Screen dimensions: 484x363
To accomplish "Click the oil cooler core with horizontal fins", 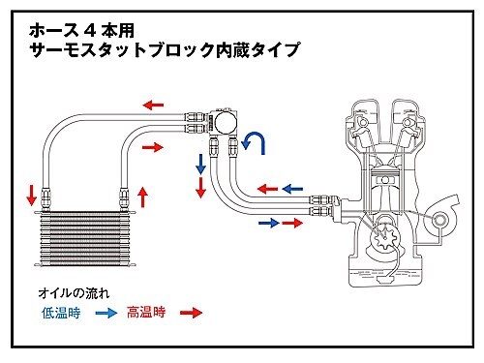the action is (85, 239).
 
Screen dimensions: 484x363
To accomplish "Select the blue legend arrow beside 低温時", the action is (106, 313).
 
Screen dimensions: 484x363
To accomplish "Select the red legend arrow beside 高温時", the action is (192, 313).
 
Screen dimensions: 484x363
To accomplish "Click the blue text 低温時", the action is (61, 313).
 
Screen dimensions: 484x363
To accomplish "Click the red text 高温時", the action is (146, 312).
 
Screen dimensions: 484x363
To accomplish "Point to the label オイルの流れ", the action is (74, 293).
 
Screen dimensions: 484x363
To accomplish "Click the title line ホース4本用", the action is (81, 32).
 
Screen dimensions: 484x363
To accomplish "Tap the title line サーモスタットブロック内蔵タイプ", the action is (165, 50).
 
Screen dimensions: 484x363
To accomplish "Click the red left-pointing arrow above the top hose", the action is (153, 105).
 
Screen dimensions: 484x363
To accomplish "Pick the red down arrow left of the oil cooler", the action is (32, 195).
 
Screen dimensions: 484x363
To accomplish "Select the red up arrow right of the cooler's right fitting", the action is (143, 197).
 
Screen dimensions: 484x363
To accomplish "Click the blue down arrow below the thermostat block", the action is (200, 165).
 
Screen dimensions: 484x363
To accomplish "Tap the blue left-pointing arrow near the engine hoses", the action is (292, 189).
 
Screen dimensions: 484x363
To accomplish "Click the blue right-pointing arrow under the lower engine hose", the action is (269, 223).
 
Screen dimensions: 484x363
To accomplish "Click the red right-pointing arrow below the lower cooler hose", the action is (153, 147).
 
